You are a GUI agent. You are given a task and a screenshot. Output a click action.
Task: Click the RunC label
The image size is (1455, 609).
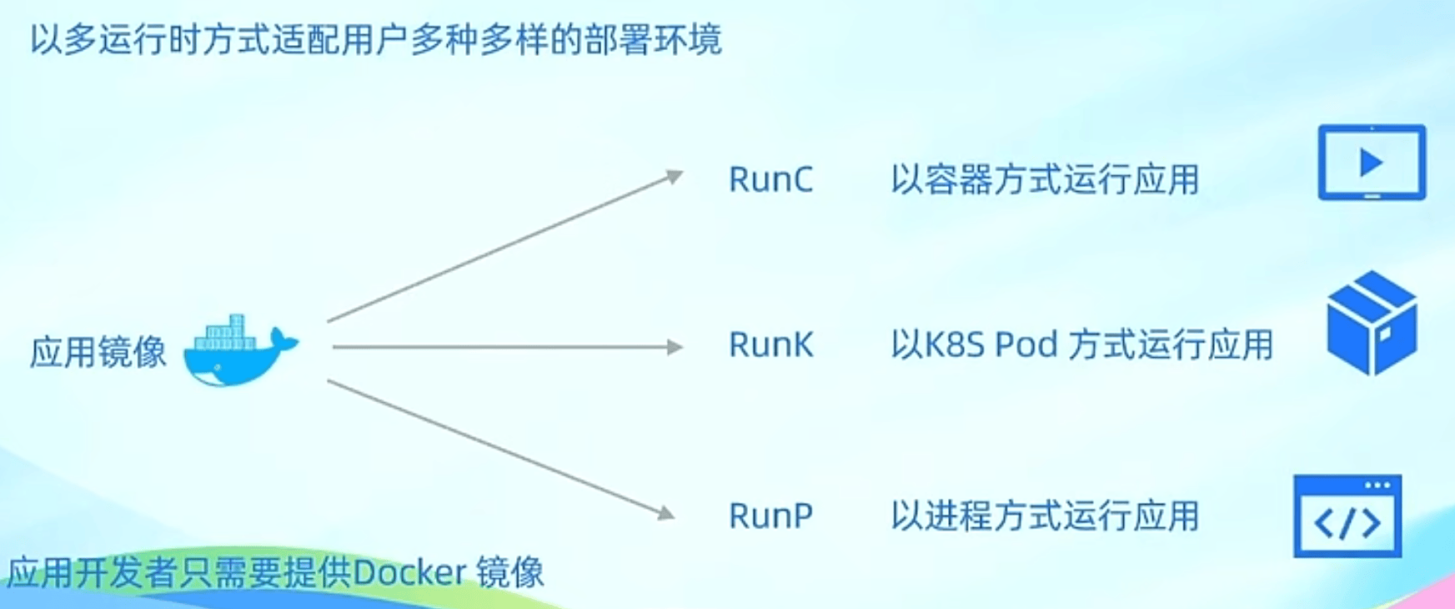tap(770, 179)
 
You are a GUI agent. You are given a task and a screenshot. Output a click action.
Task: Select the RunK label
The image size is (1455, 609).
tap(770, 345)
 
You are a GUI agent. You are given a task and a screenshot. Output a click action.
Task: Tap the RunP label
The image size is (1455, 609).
tap(770, 516)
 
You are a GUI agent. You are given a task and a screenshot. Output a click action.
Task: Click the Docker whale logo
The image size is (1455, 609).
tap(240, 352)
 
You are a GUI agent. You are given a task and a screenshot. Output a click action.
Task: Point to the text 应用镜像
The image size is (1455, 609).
tap(98, 352)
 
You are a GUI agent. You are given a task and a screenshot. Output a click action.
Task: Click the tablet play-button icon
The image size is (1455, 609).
tap(1372, 163)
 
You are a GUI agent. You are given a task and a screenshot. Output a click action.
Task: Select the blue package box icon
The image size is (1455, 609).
tap(1372, 323)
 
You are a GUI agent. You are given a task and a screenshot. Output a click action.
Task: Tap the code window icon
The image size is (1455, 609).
tap(1347, 516)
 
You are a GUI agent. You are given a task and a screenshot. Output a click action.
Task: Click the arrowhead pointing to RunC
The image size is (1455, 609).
tap(674, 176)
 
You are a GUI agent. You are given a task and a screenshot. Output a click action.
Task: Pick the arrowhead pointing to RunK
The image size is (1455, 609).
tap(675, 347)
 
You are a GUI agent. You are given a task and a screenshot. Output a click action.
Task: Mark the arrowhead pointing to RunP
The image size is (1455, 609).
tap(665, 512)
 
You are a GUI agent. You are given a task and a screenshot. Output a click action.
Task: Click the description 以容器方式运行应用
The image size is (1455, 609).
tap(1045, 179)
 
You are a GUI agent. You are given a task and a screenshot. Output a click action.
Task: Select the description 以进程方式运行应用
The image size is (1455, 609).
tap(1045, 516)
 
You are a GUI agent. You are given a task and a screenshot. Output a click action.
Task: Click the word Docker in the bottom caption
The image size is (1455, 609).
tap(409, 573)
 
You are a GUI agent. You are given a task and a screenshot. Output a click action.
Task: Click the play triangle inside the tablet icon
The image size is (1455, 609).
tap(1372, 162)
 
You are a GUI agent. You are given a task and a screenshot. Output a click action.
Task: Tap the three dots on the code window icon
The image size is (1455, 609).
tap(1377, 485)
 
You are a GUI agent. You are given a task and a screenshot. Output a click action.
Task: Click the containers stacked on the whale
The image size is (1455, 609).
tap(225, 334)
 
